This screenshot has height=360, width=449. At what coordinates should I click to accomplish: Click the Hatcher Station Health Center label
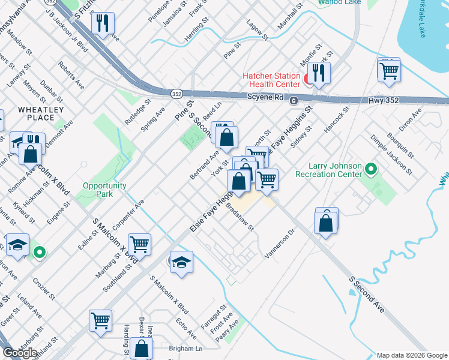pos(271,80)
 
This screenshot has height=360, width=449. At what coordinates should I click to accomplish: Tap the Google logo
pos(20,353)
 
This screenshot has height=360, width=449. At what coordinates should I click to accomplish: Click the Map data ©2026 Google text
pos(411,355)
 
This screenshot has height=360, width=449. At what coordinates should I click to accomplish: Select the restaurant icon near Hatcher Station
pos(318,73)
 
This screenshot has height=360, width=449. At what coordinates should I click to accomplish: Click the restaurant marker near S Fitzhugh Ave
pos(103,23)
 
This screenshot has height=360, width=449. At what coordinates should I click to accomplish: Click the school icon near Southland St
pos(181,262)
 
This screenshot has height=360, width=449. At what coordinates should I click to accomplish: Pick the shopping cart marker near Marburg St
pos(139,244)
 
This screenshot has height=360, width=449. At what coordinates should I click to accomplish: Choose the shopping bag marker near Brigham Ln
pos(141,349)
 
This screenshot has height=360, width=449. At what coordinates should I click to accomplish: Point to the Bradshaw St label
pos(240,217)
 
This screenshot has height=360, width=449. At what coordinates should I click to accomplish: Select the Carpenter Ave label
pos(128,214)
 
